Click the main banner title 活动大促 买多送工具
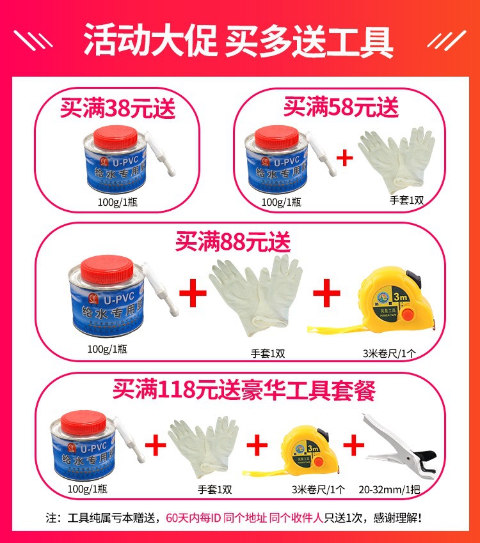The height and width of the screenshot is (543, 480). [239, 40]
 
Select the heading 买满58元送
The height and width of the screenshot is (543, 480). [341, 106]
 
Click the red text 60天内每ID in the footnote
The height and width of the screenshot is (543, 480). [193, 517]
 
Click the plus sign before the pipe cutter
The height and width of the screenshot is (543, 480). [353, 445]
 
